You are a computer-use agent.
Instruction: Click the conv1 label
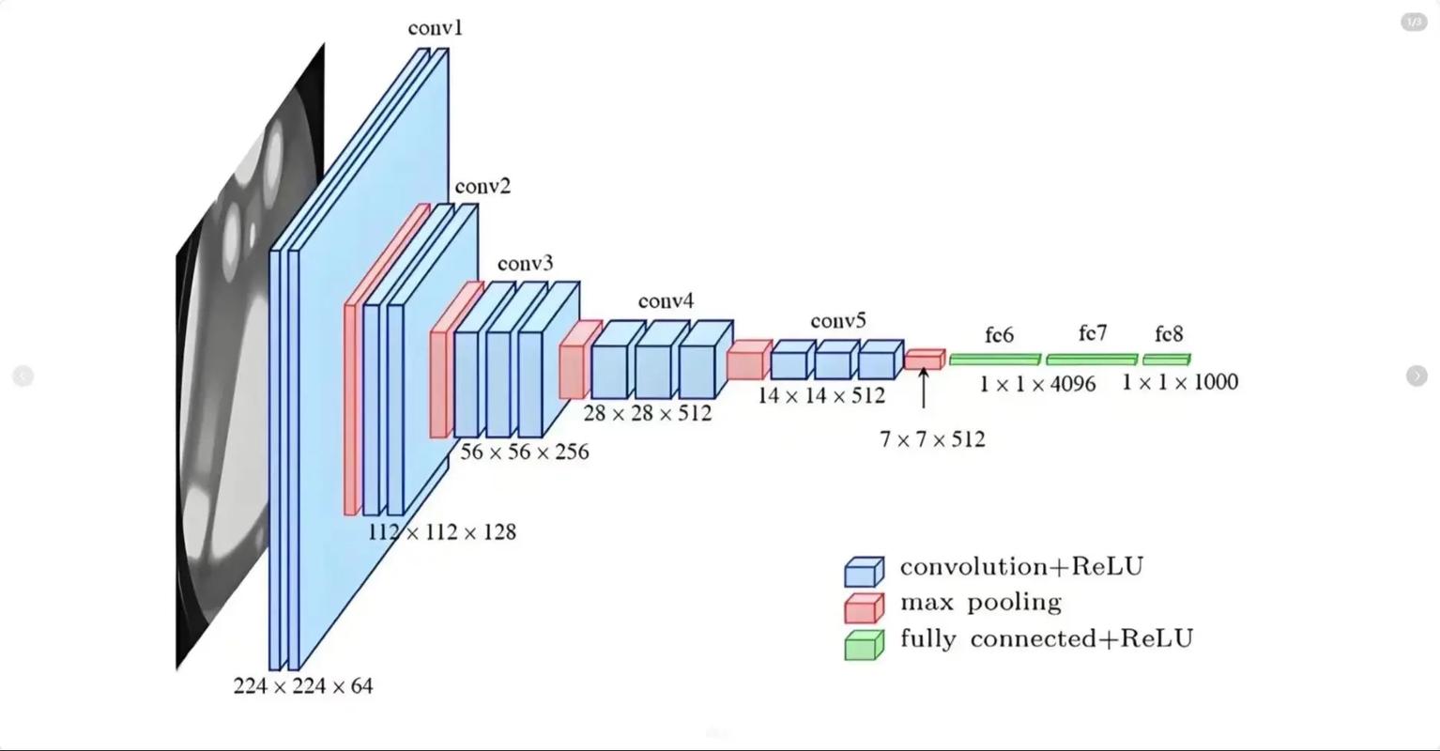(435, 28)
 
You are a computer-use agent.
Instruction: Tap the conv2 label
(483, 187)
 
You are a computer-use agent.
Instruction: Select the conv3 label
(525, 263)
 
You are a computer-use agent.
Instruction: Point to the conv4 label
(666, 301)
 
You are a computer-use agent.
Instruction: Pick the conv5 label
(838, 321)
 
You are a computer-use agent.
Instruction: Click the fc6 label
(999, 335)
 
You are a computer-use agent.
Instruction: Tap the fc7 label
(1092, 333)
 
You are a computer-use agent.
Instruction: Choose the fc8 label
(1169, 334)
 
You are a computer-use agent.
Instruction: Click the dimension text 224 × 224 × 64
(302, 686)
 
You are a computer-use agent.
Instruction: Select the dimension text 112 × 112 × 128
(441, 532)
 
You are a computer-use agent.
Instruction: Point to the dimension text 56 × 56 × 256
(524, 452)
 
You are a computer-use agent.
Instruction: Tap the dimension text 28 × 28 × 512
(647, 413)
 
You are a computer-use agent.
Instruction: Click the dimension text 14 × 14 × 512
(820, 395)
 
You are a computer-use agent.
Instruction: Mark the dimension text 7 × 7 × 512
(931, 439)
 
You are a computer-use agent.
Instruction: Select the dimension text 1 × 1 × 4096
(1036, 383)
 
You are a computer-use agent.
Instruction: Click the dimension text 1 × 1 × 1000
(1179, 382)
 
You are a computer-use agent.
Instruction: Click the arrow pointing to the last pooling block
(924, 388)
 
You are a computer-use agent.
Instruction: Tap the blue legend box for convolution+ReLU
(864, 572)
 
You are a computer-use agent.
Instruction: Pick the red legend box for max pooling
(864, 607)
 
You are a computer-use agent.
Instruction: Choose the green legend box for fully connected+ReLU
(864, 645)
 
